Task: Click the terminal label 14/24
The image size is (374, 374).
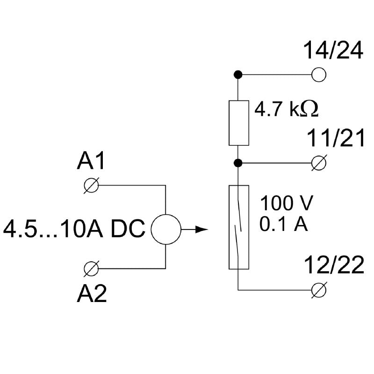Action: tap(333, 51)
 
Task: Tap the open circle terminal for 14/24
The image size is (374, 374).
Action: tap(319, 74)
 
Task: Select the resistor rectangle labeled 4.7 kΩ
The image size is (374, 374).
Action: tap(238, 122)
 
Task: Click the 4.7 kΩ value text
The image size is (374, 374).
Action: tap(286, 109)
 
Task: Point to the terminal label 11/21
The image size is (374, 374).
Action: tap(335, 139)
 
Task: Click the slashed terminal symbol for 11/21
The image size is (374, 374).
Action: tap(319, 163)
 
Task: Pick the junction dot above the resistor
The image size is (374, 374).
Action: tap(238, 74)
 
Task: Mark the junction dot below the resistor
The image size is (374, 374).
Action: tap(238, 163)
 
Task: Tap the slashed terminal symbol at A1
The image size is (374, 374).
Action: tap(91, 185)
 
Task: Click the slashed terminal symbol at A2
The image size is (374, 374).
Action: tap(91, 268)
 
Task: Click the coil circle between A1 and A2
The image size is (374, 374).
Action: tap(165, 230)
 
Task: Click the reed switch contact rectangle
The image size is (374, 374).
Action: tap(238, 227)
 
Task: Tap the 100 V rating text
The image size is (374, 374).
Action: tap(286, 204)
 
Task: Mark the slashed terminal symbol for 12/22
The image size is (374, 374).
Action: tap(319, 290)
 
